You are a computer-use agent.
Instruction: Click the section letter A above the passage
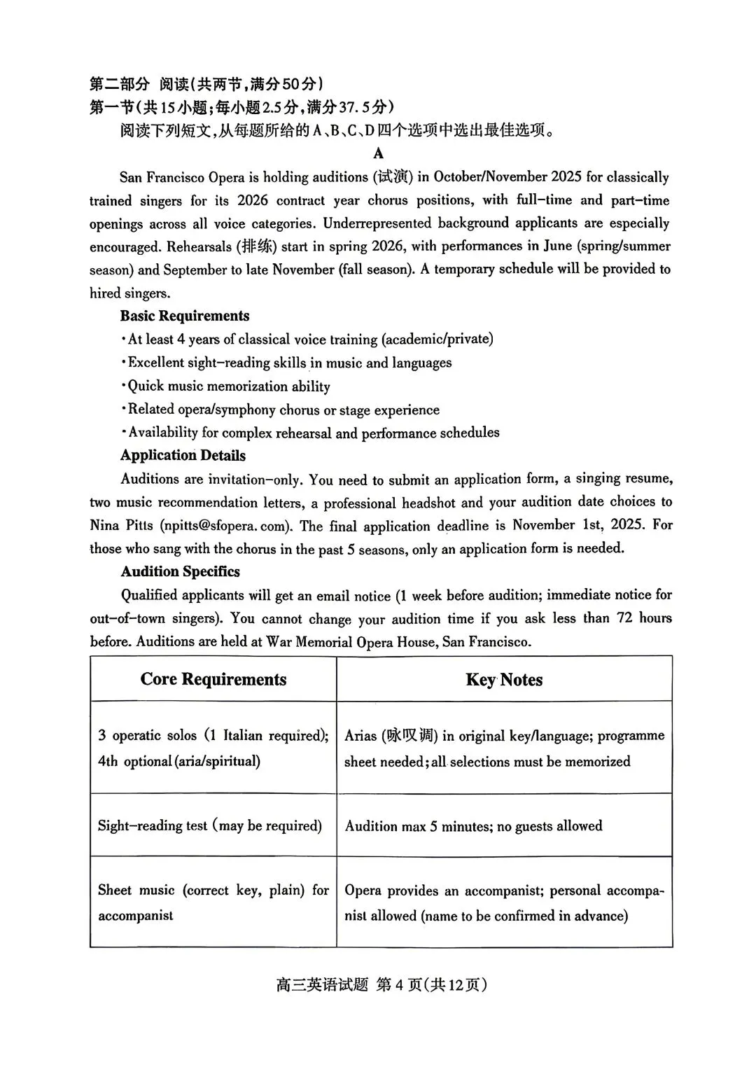point(379,153)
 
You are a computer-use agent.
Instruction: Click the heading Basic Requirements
point(184,316)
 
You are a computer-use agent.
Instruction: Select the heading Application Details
point(183,456)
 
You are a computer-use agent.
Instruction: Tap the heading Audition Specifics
point(180,572)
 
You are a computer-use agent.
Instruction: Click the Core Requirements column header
point(213,680)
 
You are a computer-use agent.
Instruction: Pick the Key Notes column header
point(504,680)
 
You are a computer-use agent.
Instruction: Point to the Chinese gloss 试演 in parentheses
point(393,177)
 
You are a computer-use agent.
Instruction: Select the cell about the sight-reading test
point(210,826)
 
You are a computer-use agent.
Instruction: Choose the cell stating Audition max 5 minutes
point(473,826)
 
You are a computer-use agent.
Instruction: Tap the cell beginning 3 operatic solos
point(213,748)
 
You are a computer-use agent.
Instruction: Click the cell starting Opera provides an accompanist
point(503,903)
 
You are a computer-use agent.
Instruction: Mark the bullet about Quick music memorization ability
point(227,386)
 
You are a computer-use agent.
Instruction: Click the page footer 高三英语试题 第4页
point(381,985)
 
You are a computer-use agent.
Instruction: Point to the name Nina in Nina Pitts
point(104,526)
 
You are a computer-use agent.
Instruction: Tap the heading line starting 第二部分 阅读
point(206,85)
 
